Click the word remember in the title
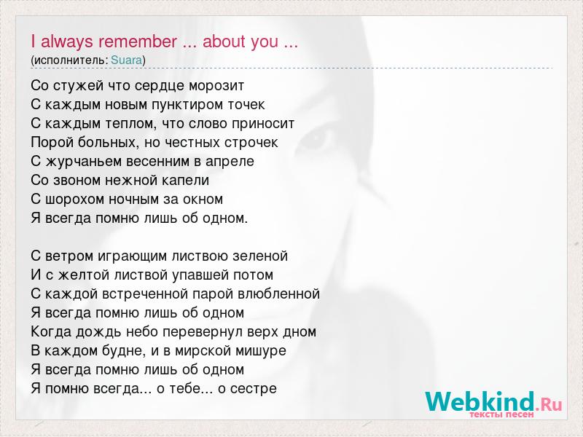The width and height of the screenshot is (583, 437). click(138, 42)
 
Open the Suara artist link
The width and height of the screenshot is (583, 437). click(126, 60)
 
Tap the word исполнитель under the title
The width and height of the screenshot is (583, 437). click(69, 60)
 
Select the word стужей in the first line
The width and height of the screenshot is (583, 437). click(79, 86)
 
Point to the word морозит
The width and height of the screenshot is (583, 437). click(216, 86)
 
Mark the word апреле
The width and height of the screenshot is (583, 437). click(230, 162)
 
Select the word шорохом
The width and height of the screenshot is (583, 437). click(75, 200)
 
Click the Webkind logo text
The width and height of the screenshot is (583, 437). click(493, 401)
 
